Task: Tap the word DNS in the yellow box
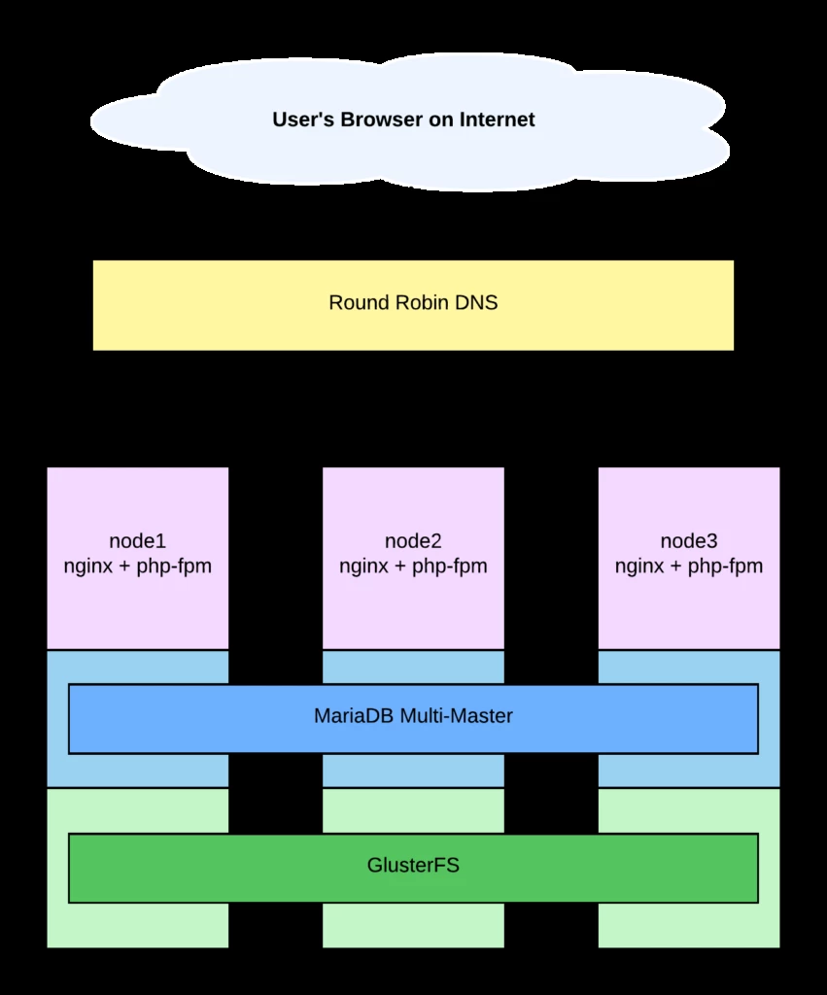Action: (476, 303)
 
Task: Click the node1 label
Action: (137, 541)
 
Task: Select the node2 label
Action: (413, 541)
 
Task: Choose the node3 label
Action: (689, 541)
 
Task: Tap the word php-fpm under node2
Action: (450, 566)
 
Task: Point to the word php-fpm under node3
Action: (725, 566)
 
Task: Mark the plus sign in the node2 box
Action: (400, 566)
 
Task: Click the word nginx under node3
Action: (639, 566)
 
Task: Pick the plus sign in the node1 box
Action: (124, 566)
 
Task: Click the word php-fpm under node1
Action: (174, 566)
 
